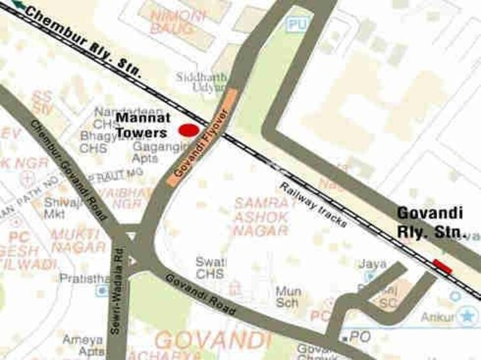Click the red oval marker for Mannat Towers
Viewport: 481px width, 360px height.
[x=188, y=131]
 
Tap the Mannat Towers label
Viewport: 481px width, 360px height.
[x=141, y=126]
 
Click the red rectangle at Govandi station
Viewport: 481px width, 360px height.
[x=442, y=266]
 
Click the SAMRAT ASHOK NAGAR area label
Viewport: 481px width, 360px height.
[x=261, y=217]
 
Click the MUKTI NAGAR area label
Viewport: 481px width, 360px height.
[x=78, y=241]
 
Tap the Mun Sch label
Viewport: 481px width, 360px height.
[x=288, y=296]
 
